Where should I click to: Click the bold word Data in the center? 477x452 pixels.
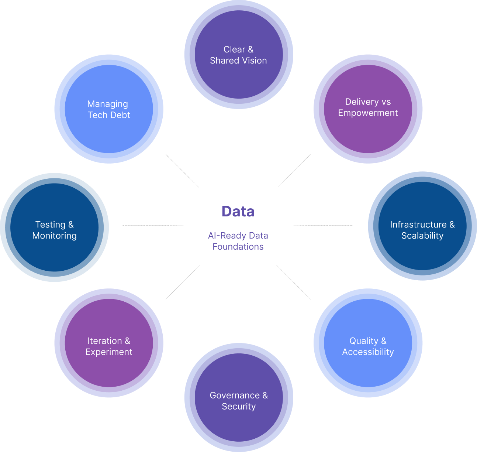238,212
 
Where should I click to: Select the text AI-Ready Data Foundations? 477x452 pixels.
238,241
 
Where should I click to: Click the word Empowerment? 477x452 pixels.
368,113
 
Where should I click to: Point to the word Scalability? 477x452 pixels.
422,236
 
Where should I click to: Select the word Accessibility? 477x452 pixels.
368,352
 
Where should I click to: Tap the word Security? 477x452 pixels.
239,407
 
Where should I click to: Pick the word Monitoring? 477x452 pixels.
55,236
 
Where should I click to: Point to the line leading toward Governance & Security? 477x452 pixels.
238,310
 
